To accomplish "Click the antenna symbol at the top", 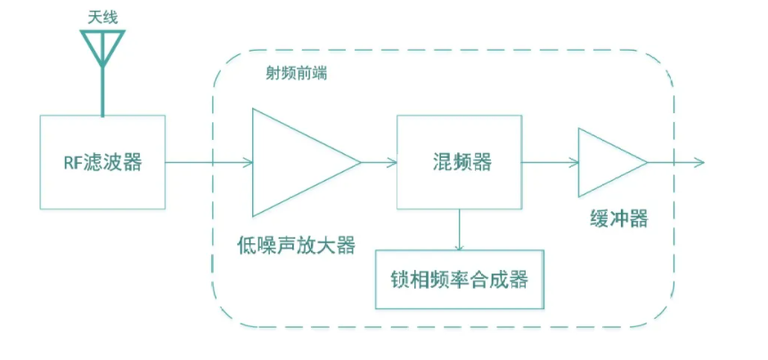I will point(102,46).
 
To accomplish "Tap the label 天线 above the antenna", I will point(102,14).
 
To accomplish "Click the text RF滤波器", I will point(102,163).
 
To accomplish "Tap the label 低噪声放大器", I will point(296,242).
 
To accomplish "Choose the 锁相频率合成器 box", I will point(459,279).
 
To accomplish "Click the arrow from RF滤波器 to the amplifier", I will point(209,162).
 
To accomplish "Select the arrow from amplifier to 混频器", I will point(379,162).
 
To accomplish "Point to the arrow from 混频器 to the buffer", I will point(550,162).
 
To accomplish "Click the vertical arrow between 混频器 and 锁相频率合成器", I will point(459,229).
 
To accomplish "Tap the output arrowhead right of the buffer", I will point(699,162).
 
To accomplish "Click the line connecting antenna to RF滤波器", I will point(102,94).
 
